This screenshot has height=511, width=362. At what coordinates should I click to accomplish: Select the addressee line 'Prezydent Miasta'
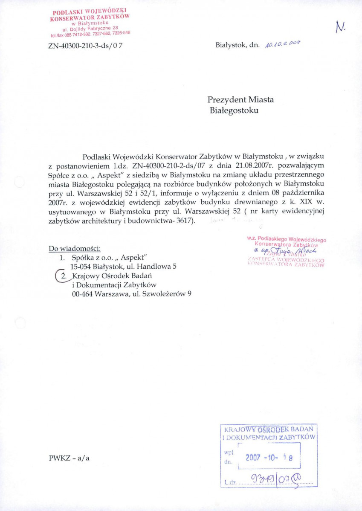(240, 100)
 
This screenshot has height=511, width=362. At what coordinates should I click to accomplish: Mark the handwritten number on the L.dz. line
(277, 482)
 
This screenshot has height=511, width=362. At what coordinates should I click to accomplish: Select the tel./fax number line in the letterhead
(90, 34)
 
